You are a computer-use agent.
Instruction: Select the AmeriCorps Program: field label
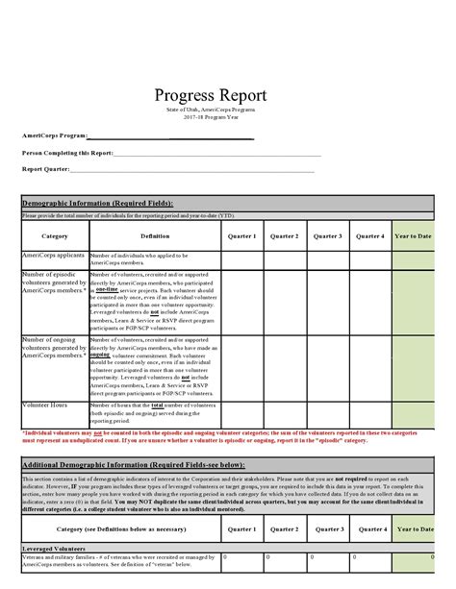point(55,136)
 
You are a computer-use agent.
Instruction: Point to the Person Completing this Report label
point(68,153)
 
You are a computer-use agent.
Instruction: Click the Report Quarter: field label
point(47,169)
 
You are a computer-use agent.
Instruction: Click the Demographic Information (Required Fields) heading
point(97,204)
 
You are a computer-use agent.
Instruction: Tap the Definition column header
point(155,235)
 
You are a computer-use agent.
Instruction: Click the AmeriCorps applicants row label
point(54,256)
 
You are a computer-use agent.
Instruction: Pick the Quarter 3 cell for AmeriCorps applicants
point(327,259)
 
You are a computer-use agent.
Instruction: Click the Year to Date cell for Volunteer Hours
point(412,413)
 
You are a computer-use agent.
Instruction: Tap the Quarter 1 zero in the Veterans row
point(226,555)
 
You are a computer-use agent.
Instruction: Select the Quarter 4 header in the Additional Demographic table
point(369,528)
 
